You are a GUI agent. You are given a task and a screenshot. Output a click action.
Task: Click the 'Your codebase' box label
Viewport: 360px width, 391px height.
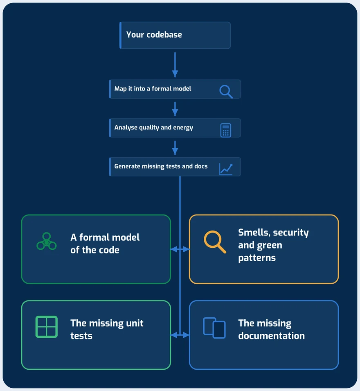pos(154,35)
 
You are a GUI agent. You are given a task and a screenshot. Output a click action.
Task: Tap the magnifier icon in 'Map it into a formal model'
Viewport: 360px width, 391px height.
pos(226,92)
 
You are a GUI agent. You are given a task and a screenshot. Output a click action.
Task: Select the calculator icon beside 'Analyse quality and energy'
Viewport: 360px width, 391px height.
pos(226,130)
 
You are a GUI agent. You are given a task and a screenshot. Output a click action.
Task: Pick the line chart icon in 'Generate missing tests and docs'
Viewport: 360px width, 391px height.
pos(226,170)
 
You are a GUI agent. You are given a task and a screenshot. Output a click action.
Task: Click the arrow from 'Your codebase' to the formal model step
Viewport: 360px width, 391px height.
pos(175,65)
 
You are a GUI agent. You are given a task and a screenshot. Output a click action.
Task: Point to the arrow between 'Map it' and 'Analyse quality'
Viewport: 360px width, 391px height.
pos(175,109)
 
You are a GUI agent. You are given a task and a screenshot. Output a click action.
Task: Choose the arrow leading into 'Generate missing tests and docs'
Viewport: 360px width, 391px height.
pos(175,148)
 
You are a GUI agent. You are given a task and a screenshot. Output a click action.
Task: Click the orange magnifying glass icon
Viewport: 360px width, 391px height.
pos(215,242)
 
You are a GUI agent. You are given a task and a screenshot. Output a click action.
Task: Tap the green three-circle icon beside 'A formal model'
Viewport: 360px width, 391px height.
pos(47,241)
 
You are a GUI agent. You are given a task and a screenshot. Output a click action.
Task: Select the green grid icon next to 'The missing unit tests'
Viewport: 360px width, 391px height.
pos(47,327)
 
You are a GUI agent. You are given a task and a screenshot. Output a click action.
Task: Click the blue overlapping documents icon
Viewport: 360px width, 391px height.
pos(214,328)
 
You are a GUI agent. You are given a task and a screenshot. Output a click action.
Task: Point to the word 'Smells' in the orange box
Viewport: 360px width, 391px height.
pos(254,233)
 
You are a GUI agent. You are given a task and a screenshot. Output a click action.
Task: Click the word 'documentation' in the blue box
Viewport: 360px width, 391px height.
pos(271,336)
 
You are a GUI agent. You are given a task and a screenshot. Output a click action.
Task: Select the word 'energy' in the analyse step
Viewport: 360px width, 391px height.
pos(183,128)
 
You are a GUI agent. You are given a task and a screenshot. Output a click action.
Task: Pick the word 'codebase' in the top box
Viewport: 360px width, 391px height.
pos(164,35)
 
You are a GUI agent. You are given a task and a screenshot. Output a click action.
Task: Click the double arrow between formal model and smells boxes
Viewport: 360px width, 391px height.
pos(180,249)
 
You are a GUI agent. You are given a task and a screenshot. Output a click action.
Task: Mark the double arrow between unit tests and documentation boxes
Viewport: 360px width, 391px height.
pos(180,335)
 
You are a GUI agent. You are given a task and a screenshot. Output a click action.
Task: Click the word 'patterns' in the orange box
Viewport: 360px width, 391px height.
pos(257,258)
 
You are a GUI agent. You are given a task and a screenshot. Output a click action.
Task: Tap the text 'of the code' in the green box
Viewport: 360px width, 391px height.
pos(94,250)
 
